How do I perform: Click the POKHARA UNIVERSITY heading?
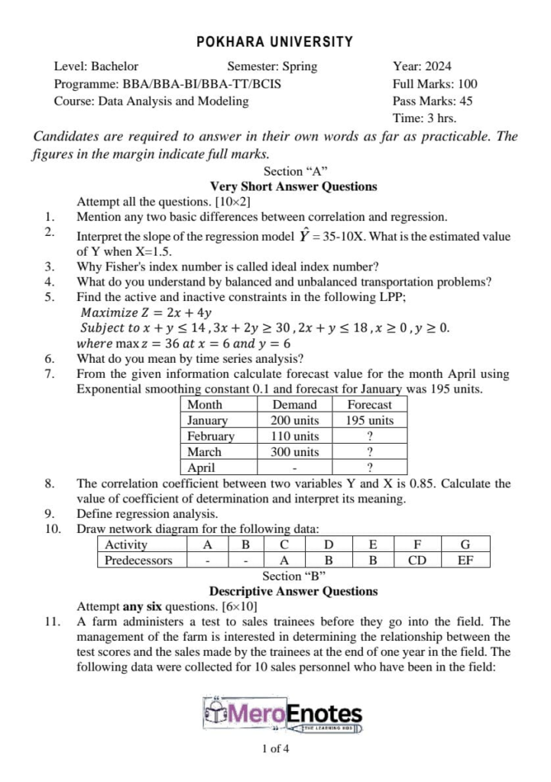tap(275, 42)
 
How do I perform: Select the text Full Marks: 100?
tap(434, 84)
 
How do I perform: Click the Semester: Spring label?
tap(271, 66)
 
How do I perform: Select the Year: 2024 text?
tap(422, 66)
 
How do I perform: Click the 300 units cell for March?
tap(295, 451)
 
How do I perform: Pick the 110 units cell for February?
tap(295, 436)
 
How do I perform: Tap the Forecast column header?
tap(369, 405)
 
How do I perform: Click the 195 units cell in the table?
tap(369, 421)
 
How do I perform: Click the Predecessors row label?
tap(138, 560)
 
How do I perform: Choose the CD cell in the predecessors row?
tap(417, 560)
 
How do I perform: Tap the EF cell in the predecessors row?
tap(465, 560)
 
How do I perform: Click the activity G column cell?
tap(465, 544)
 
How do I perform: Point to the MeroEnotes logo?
tap(283, 715)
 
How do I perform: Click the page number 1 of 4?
tap(275, 748)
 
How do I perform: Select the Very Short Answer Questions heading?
tap(293, 186)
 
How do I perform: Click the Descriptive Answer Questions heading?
tap(293, 591)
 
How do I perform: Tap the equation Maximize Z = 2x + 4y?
tap(146, 312)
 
